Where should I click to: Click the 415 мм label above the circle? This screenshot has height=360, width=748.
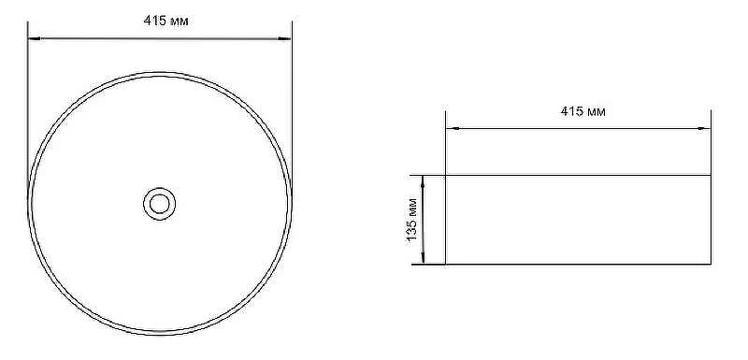pos(165,21)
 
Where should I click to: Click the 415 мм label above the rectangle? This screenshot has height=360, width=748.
pos(583,111)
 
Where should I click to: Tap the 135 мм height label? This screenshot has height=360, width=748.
pos(412,219)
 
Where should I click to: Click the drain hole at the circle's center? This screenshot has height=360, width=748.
pos(159,204)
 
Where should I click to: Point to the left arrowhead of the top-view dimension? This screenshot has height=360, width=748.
pos(35,38)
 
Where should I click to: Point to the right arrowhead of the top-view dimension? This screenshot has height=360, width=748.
pos(285,38)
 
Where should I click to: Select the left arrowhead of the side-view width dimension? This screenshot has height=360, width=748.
pos(453,128)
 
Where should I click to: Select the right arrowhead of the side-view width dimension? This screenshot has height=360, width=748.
pos(704,128)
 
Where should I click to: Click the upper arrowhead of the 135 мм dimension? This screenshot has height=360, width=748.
pos(424,181)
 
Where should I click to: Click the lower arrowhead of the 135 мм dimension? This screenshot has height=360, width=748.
pos(424,257)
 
